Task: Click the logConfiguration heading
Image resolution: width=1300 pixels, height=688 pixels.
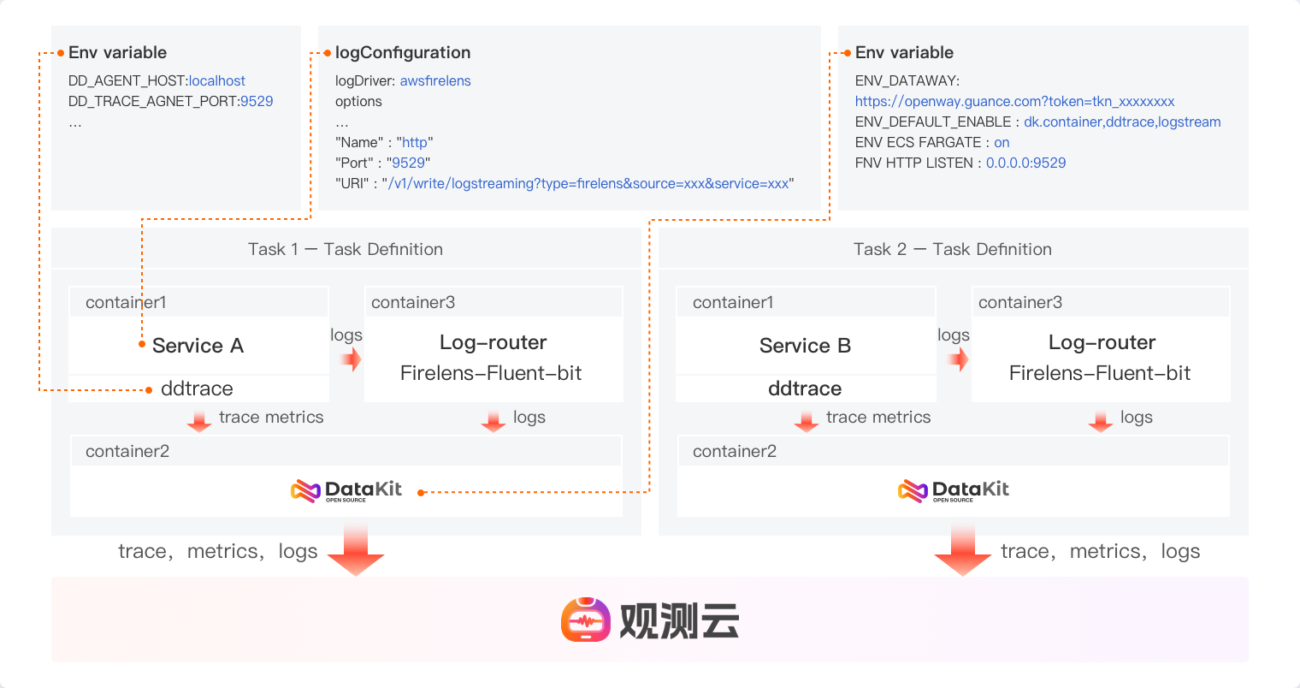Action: pos(402,53)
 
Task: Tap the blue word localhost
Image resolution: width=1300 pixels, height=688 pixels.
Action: pos(217,80)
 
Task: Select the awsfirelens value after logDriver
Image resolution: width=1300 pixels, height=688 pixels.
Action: pos(435,80)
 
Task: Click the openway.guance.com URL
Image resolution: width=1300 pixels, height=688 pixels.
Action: pos(1014,101)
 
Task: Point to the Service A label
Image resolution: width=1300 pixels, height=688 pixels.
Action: pos(198,346)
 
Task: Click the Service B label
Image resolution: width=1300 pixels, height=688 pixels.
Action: pos(805,346)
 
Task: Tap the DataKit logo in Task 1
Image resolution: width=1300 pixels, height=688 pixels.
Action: pos(346,490)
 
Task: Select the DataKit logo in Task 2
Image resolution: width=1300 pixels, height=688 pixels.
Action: pos(954,490)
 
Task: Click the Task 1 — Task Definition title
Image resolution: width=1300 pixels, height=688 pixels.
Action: pos(346,249)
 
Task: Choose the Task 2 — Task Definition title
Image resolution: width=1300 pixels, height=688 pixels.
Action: pos(952,249)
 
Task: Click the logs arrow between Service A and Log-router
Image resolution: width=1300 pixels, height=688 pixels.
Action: pos(351,359)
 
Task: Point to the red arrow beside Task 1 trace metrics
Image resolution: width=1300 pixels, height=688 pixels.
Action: pos(199,420)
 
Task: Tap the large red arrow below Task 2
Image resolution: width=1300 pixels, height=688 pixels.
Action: pos(963,551)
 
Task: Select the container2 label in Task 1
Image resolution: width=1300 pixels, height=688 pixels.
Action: pos(127,451)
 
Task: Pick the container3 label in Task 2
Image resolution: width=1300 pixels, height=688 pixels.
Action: pos(1019,302)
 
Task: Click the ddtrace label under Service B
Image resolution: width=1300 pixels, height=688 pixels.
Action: pos(805,388)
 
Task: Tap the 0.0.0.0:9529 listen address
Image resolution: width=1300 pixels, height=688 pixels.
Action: pos(1025,163)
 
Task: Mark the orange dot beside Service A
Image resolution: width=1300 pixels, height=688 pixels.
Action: pos(142,344)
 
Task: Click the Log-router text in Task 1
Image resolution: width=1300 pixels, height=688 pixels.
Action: pos(493,342)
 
